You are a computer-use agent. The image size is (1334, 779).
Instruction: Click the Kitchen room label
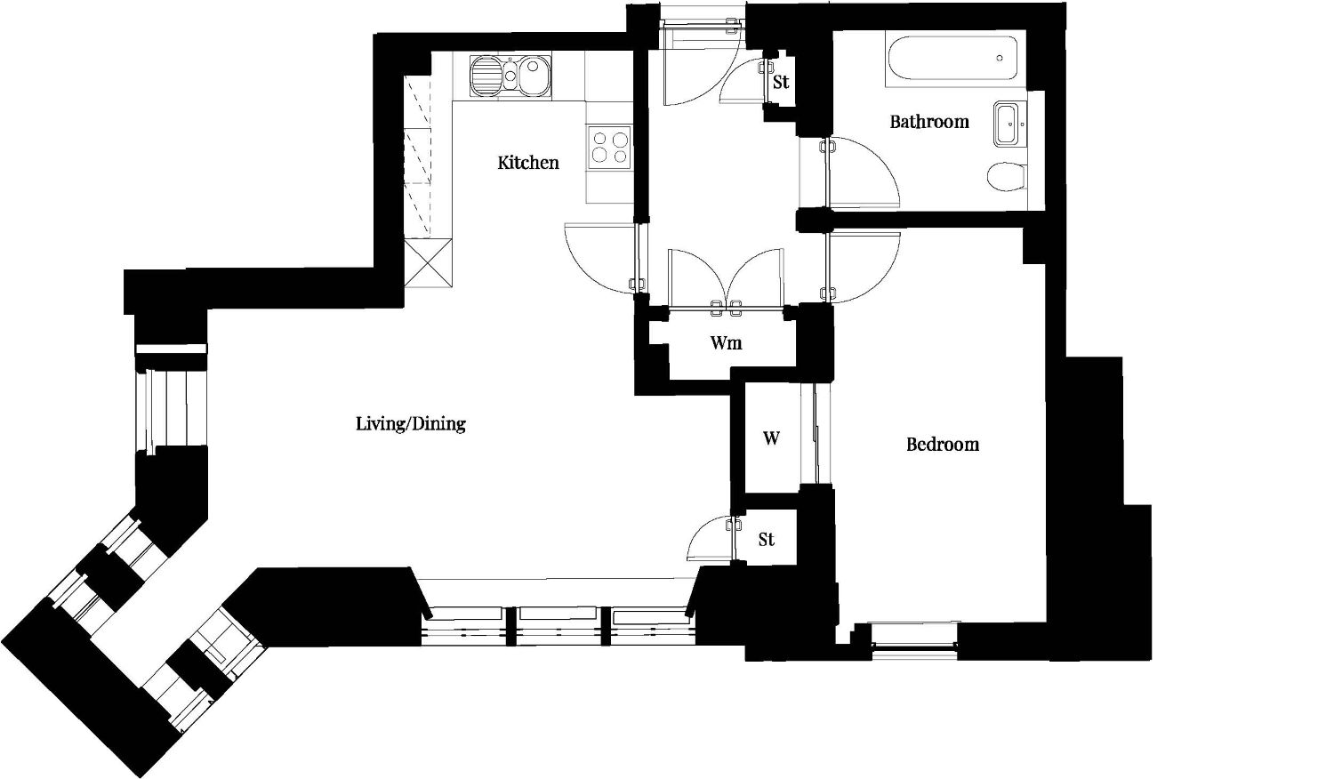528,163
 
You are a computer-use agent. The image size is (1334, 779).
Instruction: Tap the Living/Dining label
411,424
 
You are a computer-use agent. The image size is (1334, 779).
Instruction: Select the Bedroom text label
942,445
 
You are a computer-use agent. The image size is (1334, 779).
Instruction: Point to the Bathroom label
929,122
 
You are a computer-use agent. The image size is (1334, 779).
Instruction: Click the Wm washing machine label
726,343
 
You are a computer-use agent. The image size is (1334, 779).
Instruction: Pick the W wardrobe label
771,439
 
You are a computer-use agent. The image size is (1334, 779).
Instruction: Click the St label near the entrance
781,82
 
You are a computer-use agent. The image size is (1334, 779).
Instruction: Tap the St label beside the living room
767,540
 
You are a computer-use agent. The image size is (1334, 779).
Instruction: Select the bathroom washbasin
1010,124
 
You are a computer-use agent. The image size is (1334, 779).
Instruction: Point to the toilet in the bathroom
1006,177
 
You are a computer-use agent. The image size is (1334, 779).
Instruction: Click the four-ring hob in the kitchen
609,146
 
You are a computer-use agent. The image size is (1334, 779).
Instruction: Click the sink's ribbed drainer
486,76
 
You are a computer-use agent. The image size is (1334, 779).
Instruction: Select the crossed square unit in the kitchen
428,262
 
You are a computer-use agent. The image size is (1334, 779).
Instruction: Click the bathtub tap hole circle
1000,59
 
